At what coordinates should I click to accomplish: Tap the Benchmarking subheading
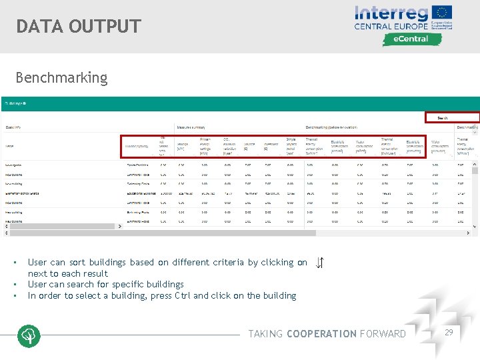tap(61, 78)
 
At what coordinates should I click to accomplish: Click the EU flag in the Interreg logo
tap(442, 12)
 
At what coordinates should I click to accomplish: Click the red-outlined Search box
tap(452, 117)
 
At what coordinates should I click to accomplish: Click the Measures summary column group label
tap(193, 127)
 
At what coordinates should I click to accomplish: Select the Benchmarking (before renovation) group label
tap(331, 127)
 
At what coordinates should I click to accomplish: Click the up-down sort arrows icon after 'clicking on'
tap(319, 263)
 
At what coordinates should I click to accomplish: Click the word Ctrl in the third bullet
tap(182, 295)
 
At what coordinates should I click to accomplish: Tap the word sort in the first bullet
tap(77, 263)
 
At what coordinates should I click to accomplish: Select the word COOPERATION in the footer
tap(321, 334)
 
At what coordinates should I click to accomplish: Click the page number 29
tap(448, 331)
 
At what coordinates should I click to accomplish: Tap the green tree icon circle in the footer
tap(29, 336)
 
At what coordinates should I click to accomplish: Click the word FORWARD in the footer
tap(383, 334)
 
